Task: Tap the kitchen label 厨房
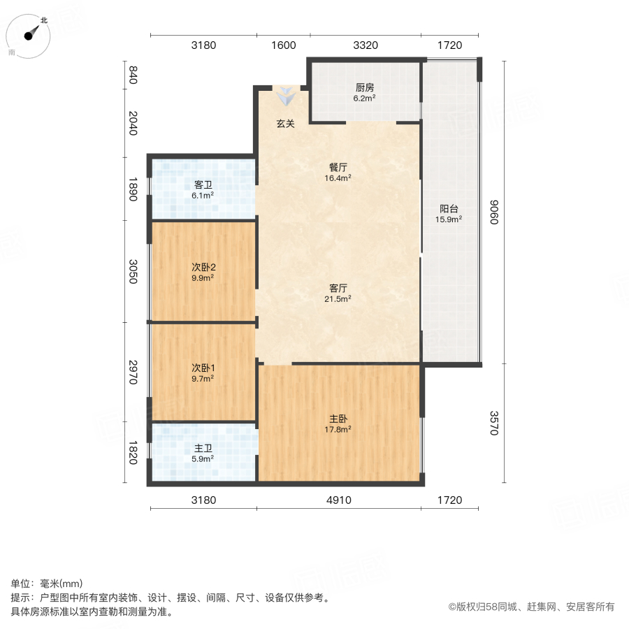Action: pos(365,88)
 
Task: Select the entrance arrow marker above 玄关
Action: pos(284,96)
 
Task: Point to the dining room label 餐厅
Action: pos(339,168)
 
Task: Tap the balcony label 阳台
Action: pos(449,208)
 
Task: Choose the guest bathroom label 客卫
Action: pos(203,185)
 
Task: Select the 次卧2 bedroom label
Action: pos(203,267)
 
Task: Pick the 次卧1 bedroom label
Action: pos(203,368)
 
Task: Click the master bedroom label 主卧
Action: pos(339,419)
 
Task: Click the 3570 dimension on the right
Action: pos(494,423)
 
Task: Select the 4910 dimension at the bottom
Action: pos(339,500)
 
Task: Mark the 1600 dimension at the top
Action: pos(283,45)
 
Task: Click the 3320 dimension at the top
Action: pos(366,45)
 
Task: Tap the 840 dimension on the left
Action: pos(133,74)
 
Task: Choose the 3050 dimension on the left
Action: pos(133,271)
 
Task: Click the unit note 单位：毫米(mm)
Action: pos(47,584)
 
